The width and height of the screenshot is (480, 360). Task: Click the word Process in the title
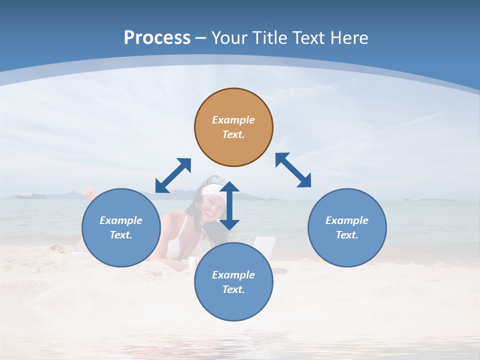click(x=157, y=38)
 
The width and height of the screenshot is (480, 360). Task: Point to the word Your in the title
click(x=230, y=38)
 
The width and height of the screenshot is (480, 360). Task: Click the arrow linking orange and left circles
click(x=173, y=175)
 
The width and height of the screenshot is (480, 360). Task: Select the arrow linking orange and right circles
click(x=293, y=170)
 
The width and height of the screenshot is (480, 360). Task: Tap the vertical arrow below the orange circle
click(x=229, y=205)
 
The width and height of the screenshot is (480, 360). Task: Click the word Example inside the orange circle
click(x=233, y=120)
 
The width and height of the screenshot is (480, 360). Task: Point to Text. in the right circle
click(x=347, y=235)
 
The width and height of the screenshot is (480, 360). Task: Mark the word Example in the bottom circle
click(x=233, y=275)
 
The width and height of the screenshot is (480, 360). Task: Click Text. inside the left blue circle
click(x=121, y=235)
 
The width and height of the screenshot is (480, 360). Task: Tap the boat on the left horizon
click(x=31, y=195)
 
